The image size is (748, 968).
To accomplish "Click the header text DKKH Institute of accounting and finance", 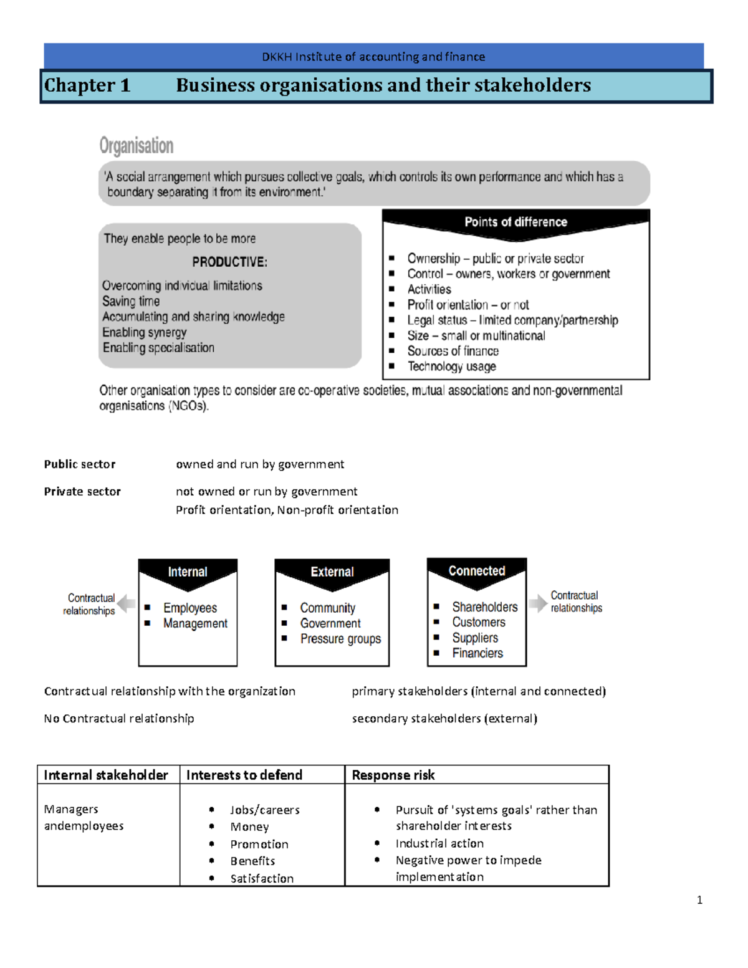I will point(373,57).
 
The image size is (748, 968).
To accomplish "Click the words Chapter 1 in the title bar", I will point(87,85).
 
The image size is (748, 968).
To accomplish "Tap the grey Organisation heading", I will point(137,146).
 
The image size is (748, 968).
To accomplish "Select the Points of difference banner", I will point(515,223).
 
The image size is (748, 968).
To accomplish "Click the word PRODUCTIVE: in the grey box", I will point(229,262).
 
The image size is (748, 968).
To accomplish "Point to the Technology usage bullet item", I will point(451,367).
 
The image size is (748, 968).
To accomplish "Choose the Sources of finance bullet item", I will point(453,351).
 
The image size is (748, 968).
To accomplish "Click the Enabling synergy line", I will point(145,332).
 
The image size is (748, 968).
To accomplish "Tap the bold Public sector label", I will point(80,464).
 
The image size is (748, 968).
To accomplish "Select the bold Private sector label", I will point(82,492).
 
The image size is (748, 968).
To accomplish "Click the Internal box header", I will point(188,572).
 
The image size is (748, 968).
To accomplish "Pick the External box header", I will point(332,572).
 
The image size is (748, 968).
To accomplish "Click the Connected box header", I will point(477,571).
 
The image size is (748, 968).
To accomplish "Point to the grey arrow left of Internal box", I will point(127,603).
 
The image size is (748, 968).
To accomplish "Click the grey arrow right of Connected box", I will point(537,603).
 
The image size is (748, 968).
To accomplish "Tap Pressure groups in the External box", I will point(340,639).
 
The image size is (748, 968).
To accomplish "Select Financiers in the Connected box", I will point(477,653).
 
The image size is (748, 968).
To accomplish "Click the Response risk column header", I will point(393,775).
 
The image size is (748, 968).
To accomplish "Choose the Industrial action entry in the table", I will point(439,843).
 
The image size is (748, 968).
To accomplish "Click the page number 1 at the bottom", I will point(699,899).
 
